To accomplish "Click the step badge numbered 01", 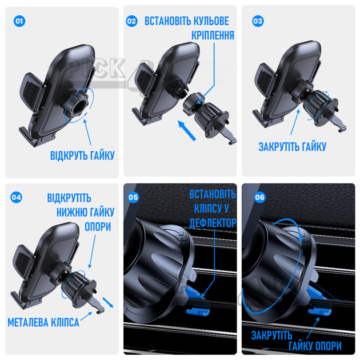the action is point(19,21).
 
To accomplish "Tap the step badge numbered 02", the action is point(131,21).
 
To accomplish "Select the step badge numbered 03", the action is point(258,21).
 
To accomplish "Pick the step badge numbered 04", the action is point(17,197).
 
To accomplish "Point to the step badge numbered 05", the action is point(133,197).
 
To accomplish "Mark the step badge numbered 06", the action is point(259,197).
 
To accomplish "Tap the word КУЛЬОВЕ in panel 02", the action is point(211,21).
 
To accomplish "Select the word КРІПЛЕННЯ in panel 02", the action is point(213,35).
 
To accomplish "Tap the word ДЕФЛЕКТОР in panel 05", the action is point(213,223).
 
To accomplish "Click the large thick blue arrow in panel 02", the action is point(187,130).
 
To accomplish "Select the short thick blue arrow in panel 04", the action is point(107,302).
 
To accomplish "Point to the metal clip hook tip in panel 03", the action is point(340,130).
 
